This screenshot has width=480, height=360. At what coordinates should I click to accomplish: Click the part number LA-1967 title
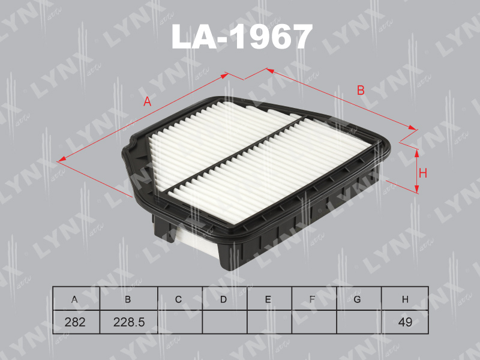[x=242, y=37]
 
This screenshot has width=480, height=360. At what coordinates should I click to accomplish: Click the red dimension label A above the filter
[x=146, y=102]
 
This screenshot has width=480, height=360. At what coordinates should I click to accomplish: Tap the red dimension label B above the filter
[x=361, y=91]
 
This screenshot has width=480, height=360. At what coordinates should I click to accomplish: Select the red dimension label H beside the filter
[x=422, y=173]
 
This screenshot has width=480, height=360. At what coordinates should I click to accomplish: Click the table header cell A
[x=75, y=299]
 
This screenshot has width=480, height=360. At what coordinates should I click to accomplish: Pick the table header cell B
[x=127, y=299]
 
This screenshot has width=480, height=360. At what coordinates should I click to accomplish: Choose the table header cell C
[x=179, y=299]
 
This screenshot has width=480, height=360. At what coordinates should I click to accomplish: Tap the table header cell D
[x=223, y=299]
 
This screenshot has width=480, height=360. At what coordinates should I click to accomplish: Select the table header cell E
[x=268, y=299]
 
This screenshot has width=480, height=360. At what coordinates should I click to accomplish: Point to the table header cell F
[x=313, y=299]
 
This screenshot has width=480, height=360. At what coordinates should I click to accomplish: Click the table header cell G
[x=358, y=299]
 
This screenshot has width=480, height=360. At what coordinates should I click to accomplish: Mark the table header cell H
[x=405, y=299]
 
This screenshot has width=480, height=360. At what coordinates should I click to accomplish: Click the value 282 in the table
[x=75, y=322]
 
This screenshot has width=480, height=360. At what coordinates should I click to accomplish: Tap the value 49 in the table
[x=405, y=322]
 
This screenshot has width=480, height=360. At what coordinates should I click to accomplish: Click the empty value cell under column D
[x=224, y=322]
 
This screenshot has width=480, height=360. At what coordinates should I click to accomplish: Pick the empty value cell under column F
[x=313, y=322]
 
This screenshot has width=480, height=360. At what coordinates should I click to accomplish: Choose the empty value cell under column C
[x=179, y=322]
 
